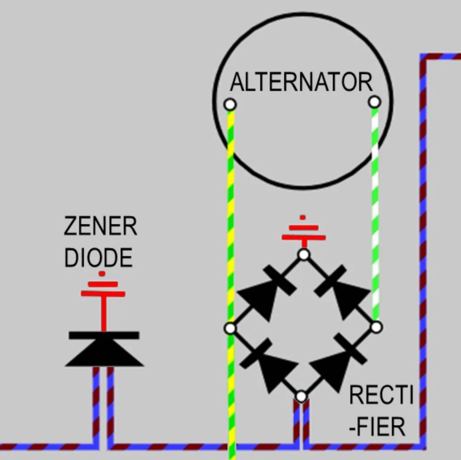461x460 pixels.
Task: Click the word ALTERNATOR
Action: click(x=301, y=82)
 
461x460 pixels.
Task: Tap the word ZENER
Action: click(x=100, y=226)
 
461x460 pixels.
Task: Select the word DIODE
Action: click(x=98, y=258)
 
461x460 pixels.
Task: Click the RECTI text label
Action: click(x=381, y=395)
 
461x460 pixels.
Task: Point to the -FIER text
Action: click(x=377, y=426)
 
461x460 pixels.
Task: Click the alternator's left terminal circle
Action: click(x=230, y=104)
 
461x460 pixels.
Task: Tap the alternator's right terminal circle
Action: click(x=375, y=102)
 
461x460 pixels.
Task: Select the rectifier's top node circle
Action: click(x=303, y=254)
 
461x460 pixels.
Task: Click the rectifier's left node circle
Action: click(x=230, y=328)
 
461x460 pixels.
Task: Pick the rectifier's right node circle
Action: click(x=376, y=327)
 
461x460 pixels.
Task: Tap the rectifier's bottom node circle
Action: click(x=301, y=396)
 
